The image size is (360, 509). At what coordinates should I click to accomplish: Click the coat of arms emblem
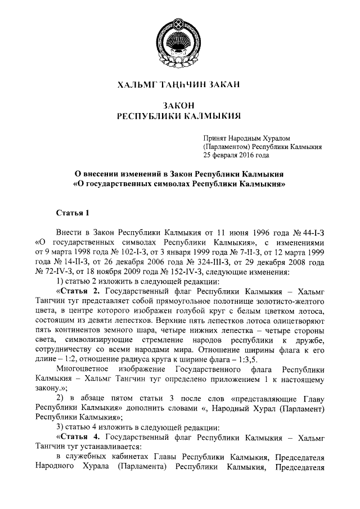pyautogui.click(x=180, y=39)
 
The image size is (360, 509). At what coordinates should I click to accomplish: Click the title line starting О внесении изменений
pyautogui.click(x=179, y=173)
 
